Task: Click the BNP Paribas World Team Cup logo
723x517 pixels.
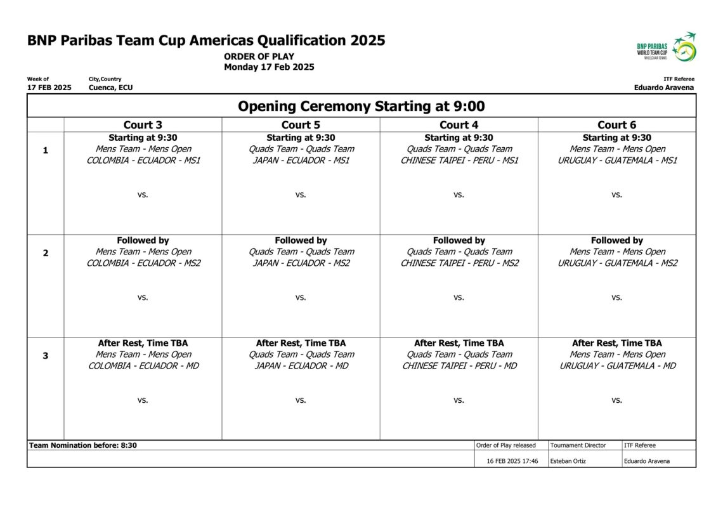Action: (x=667, y=47)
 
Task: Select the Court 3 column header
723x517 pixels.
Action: (x=143, y=125)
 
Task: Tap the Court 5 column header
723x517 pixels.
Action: (x=301, y=125)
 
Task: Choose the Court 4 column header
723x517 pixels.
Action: (x=459, y=125)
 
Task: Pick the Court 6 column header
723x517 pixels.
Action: (x=616, y=125)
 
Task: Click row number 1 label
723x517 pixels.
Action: (x=45, y=150)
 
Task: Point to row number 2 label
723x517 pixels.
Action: (x=45, y=253)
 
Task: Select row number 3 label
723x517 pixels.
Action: (x=45, y=356)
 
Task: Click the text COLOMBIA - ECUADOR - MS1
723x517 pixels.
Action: (x=143, y=160)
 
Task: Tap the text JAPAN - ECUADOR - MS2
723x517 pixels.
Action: (x=301, y=263)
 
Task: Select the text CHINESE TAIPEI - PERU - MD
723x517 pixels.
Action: (x=459, y=366)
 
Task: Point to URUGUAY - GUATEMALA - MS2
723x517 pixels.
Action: (x=617, y=263)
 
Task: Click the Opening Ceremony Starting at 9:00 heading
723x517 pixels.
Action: (x=361, y=106)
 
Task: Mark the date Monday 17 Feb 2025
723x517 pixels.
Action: (x=269, y=67)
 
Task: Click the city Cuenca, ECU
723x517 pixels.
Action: (x=111, y=88)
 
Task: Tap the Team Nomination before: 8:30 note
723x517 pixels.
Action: (x=83, y=445)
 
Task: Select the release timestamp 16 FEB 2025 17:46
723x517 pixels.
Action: (x=512, y=461)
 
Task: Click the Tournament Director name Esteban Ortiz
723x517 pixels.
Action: (x=568, y=461)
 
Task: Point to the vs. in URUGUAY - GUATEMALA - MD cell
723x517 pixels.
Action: (x=616, y=400)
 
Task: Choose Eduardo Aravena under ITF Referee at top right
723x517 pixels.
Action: (x=663, y=88)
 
